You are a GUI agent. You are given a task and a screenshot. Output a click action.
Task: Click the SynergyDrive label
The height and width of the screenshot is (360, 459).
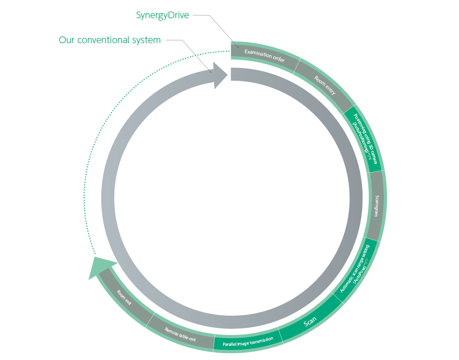162,15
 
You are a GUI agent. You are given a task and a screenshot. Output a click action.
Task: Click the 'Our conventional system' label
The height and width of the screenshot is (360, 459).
110,40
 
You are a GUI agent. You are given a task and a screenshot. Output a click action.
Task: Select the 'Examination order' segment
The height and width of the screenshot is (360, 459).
264,56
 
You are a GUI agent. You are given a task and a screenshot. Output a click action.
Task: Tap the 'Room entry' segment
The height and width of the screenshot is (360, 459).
325,85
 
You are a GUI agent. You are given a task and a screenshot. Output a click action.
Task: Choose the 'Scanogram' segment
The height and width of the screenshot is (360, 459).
377,206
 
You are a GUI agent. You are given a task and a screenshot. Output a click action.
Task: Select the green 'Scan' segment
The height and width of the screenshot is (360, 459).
310,323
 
